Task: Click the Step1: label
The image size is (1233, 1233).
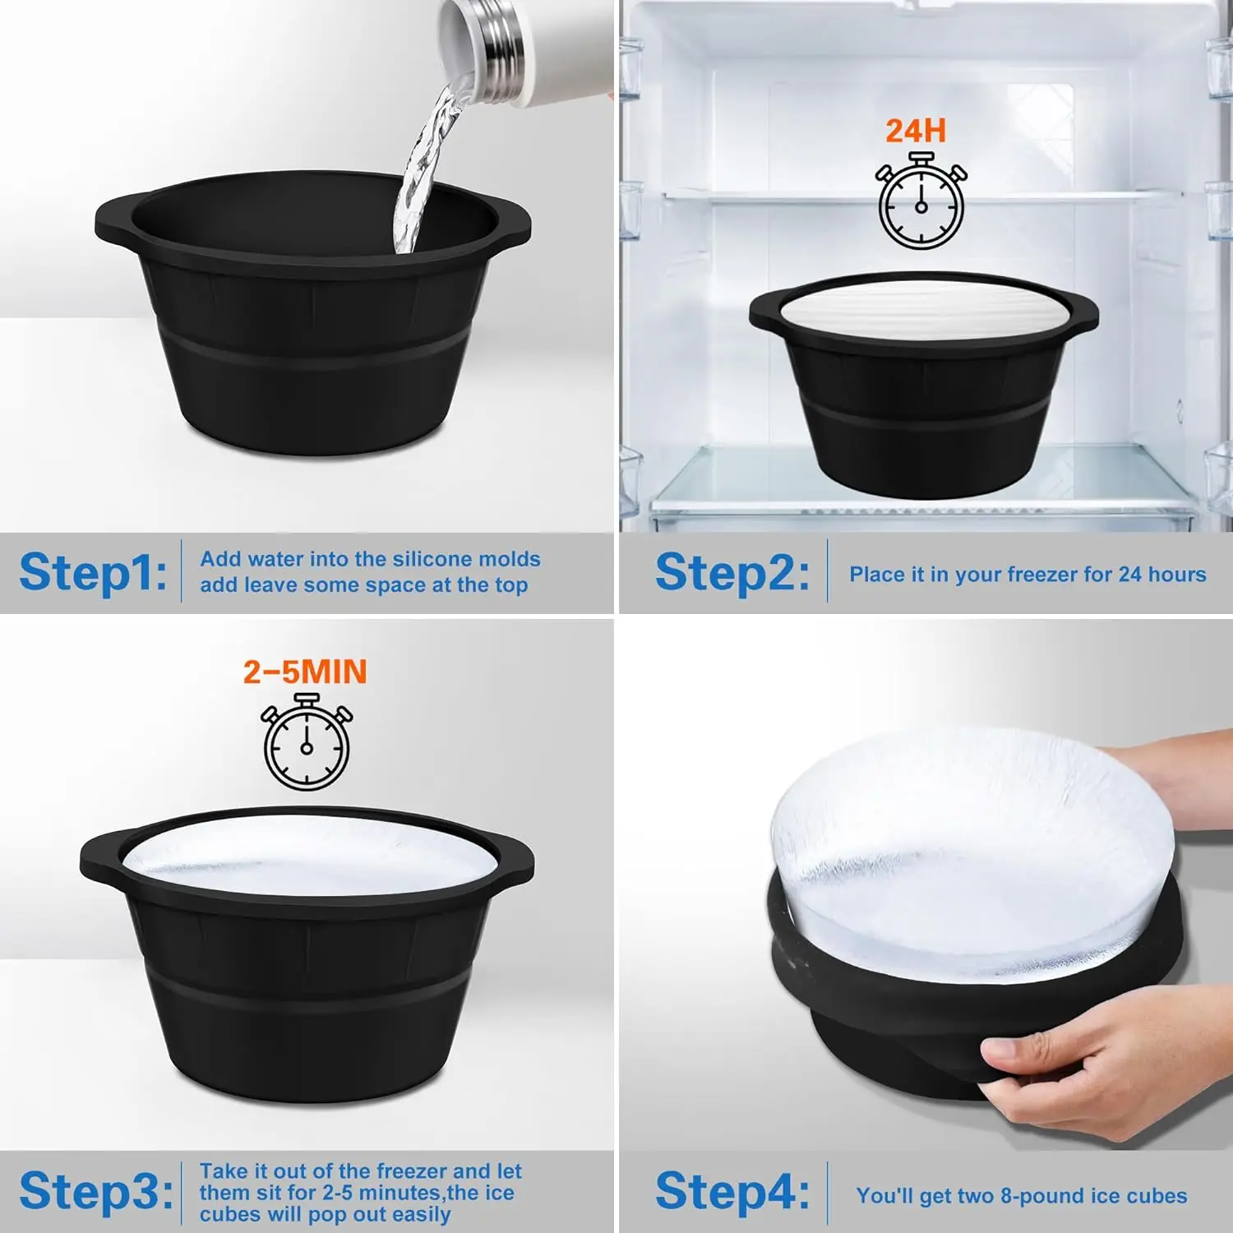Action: click(92, 572)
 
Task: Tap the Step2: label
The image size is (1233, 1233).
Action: click(731, 572)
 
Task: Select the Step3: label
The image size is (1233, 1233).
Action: click(95, 1191)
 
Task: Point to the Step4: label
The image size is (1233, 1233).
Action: click(731, 1191)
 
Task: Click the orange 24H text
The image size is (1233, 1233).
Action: click(915, 131)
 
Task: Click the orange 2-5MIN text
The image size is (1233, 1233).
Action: click(305, 672)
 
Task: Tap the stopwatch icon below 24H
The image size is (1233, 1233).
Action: click(921, 205)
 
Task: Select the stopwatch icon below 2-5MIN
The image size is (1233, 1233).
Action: click(307, 744)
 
